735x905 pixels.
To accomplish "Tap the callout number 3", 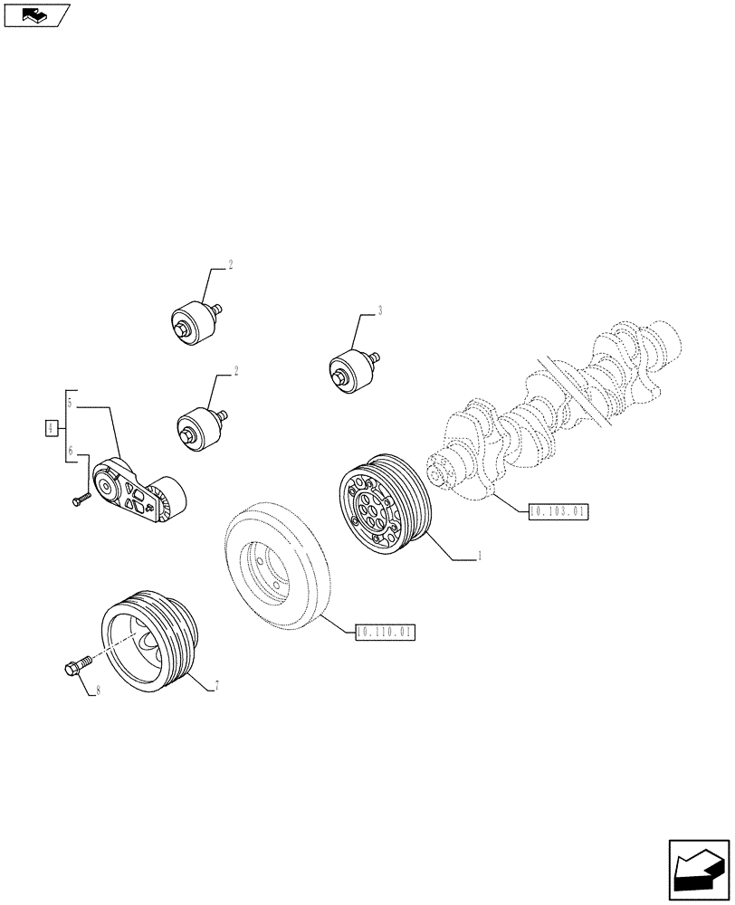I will [x=380, y=311].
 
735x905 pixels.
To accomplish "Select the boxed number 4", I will [x=52, y=426].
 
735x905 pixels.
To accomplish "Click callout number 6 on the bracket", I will [x=71, y=450].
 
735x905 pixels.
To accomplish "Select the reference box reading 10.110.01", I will [x=385, y=633].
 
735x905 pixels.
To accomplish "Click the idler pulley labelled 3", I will [x=351, y=371].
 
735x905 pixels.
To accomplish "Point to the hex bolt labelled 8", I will [x=75, y=667].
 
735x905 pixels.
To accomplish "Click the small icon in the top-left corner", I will [x=36, y=14].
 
